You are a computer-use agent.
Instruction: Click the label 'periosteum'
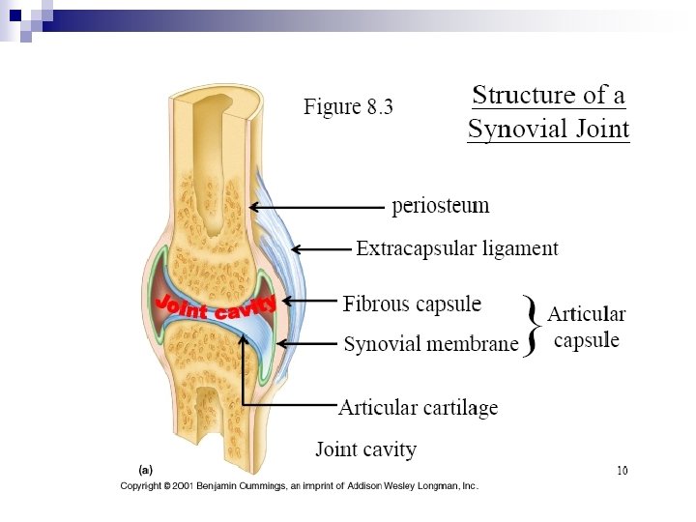click(440, 206)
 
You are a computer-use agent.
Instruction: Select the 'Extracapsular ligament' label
click(456, 248)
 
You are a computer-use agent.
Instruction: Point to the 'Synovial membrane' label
click(431, 344)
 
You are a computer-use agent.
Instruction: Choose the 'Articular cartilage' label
click(418, 408)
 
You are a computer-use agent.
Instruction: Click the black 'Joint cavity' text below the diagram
click(365, 449)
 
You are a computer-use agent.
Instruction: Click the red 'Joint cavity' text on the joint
click(216, 307)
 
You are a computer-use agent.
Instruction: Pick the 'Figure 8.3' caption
click(348, 106)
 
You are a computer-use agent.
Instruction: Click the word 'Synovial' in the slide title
click(513, 129)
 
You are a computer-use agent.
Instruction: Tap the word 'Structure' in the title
click(522, 96)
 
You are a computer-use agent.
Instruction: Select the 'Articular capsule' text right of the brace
click(586, 328)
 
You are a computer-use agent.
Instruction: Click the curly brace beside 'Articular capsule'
click(530, 325)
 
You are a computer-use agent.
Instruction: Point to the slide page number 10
click(622, 471)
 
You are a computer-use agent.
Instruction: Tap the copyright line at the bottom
click(299, 486)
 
